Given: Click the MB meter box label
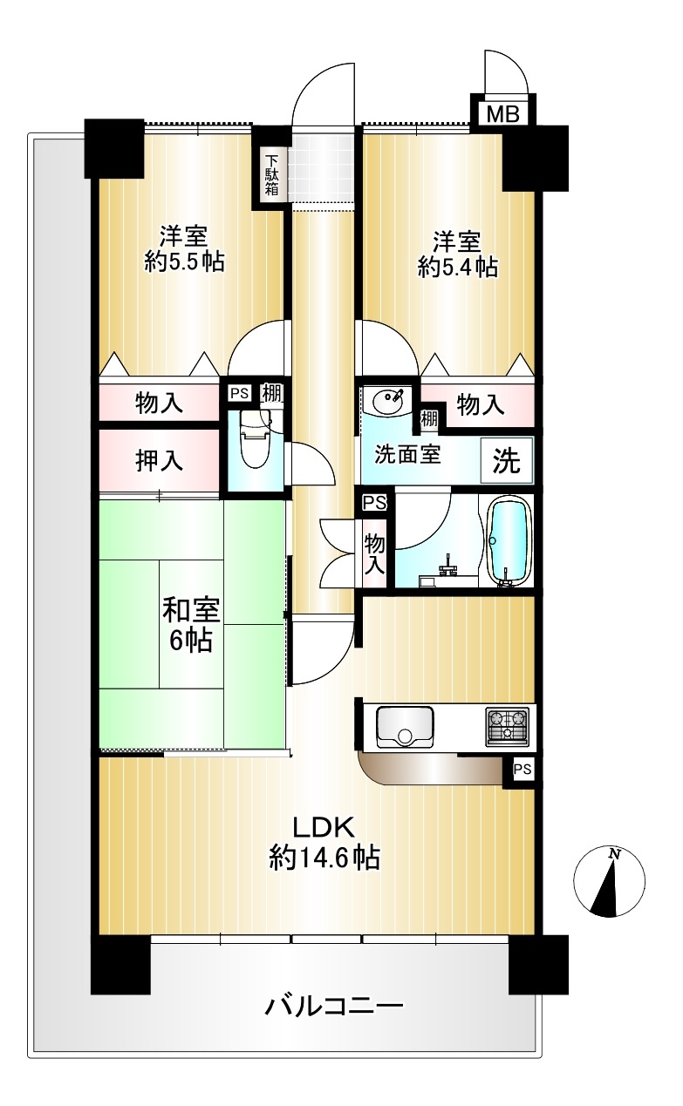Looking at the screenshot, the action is [503, 113].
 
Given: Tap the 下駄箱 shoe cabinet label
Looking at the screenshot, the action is [271, 175].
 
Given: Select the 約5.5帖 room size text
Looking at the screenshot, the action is [184, 261].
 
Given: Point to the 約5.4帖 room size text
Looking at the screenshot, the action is [458, 268].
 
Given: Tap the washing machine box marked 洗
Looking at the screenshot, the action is [507, 460].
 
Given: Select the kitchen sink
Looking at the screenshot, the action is [405, 727].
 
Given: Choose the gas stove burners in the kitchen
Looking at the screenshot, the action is [507, 726].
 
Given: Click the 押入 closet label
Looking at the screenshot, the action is [159, 461].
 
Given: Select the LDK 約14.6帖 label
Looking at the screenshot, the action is [324, 842].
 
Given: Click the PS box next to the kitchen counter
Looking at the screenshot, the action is [522, 769].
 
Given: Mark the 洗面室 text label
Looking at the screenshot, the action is [407, 454].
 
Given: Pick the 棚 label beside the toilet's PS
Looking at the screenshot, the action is [272, 394].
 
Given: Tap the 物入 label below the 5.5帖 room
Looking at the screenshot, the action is [159, 404].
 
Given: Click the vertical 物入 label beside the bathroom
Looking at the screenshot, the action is [374, 554].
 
